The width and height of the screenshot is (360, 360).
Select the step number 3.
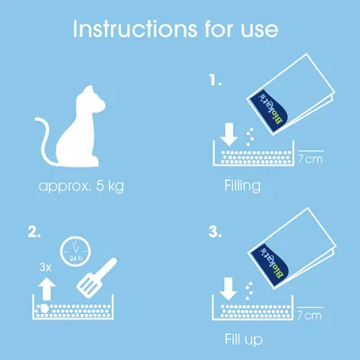click(214, 231)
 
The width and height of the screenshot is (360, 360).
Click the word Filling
click(242, 187)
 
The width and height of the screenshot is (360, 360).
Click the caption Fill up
click(242, 341)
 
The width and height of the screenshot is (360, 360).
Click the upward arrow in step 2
click(44, 289)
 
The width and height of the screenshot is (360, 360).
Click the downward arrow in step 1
click(229, 135)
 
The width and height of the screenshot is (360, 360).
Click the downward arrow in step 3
click(229, 290)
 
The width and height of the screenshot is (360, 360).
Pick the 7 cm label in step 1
click(310, 160)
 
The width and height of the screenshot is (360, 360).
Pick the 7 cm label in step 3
click(310, 315)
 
